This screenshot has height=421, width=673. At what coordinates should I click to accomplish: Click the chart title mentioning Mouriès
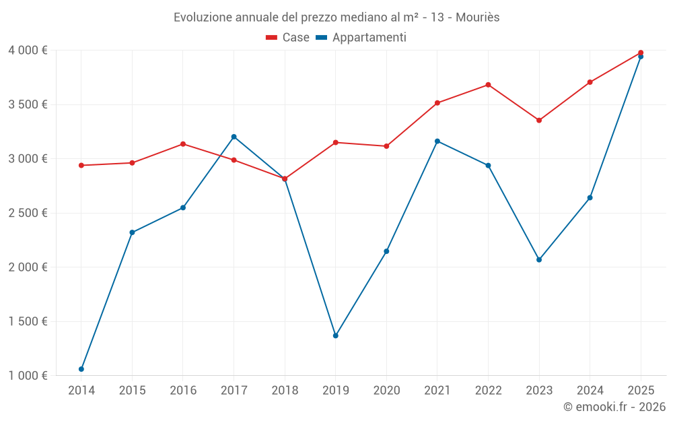click(336, 17)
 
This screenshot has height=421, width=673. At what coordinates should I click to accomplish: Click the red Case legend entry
click(287, 38)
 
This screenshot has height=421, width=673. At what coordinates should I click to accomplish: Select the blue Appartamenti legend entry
click(361, 38)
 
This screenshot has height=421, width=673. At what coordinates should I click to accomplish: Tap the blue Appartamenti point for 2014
click(81, 369)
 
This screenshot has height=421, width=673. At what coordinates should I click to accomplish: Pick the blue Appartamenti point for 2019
click(336, 335)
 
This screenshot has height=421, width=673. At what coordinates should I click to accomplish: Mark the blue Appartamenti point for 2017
click(234, 137)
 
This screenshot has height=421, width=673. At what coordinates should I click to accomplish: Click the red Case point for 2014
click(81, 165)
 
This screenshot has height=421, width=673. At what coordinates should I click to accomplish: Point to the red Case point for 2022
click(488, 85)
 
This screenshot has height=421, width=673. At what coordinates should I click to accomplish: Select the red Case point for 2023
click(539, 120)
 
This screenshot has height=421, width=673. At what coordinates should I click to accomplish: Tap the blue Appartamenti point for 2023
click(539, 259)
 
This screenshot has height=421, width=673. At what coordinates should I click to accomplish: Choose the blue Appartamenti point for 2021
click(437, 141)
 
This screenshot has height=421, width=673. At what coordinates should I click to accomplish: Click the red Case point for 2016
click(183, 144)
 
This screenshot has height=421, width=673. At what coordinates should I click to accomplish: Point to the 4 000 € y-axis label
click(28, 51)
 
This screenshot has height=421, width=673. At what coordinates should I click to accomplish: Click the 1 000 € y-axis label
click(28, 376)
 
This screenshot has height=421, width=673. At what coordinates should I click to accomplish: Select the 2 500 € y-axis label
click(28, 213)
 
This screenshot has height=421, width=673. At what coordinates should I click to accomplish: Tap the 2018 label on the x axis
click(285, 391)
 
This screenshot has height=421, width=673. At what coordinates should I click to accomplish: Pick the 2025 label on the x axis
click(641, 391)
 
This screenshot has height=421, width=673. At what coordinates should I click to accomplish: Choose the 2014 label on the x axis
click(81, 391)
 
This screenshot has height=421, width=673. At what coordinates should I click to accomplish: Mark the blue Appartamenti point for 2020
click(386, 251)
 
